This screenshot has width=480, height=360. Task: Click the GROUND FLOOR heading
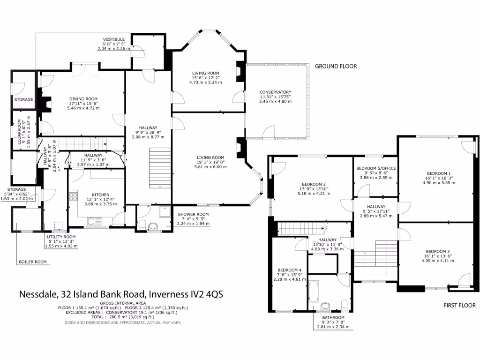(336, 67)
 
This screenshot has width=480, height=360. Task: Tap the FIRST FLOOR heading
(459, 305)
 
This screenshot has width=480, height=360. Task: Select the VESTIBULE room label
(114, 39)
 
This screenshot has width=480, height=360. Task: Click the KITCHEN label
(100, 195)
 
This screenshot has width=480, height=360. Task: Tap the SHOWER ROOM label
(193, 214)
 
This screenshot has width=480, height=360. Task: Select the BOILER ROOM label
(33, 262)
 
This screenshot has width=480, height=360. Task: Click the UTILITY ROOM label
(61, 237)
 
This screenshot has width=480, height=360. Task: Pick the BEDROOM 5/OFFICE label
(375, 168)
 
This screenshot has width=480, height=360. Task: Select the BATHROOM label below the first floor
(334, 317)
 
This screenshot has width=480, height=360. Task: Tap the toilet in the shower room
(153, 227)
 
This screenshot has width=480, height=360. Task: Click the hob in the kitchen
(73, 196)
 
